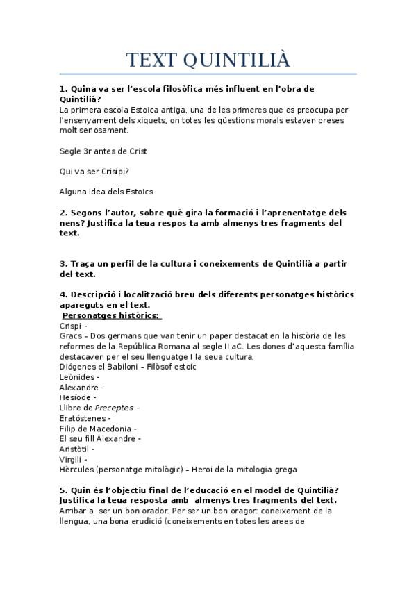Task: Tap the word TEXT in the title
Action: click(151, 60)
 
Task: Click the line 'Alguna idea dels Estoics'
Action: click(106, 191)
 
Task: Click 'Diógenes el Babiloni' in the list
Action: click(98, 366)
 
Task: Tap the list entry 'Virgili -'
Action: click(73, 459)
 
